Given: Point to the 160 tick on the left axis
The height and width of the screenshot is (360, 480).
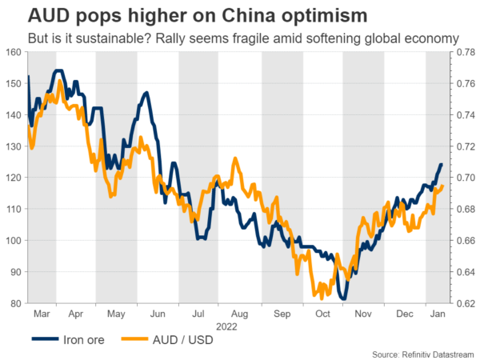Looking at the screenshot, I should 13,53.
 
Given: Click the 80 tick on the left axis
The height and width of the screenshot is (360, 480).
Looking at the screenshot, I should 15,303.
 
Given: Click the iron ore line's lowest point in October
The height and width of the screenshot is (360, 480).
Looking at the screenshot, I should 343,299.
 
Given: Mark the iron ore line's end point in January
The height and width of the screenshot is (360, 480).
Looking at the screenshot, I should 442,165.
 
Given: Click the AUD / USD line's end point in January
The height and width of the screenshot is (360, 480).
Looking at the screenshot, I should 443,186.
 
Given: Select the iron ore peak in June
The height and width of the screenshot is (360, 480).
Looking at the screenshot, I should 146,93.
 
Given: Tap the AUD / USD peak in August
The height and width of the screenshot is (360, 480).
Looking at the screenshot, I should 234,158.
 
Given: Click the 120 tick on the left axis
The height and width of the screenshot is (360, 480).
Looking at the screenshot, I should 13,178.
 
